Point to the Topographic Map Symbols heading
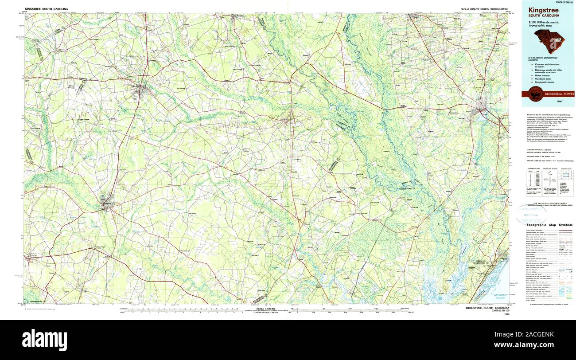point(549,225)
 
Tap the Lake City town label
point(133,86)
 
